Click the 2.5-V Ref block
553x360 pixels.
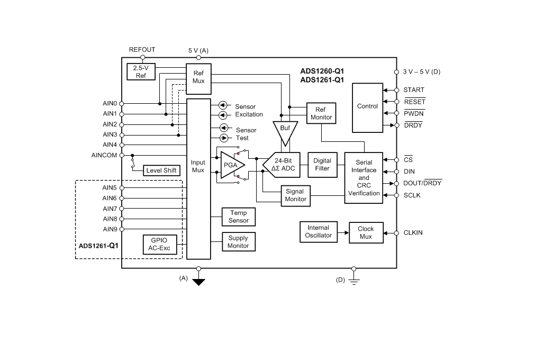tap(141, 71)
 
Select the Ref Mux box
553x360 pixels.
tap(198, 77)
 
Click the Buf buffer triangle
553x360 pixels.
tap(285, 131)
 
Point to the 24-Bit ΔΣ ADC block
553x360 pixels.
tap(283, 165)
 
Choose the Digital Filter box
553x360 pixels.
tap(322, 165)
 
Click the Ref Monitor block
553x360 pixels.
tap(321, 113)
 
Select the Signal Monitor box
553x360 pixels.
tap(295, 195)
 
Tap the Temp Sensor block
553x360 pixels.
tap(238, 217)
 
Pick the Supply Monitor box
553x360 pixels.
tap(238, 242)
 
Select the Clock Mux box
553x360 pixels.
tap(366, 232)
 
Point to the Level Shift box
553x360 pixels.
tap(161, 170)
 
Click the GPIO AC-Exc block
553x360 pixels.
tap(159, 244)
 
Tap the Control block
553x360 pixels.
tap(367, 106)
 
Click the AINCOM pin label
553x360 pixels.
tap(104, 155)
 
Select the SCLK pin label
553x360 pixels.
tap(412, 195)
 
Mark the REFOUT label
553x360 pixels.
tap(142, 50)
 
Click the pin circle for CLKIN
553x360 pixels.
tap(396, 232)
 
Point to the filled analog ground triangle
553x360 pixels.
tap(198, 282)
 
